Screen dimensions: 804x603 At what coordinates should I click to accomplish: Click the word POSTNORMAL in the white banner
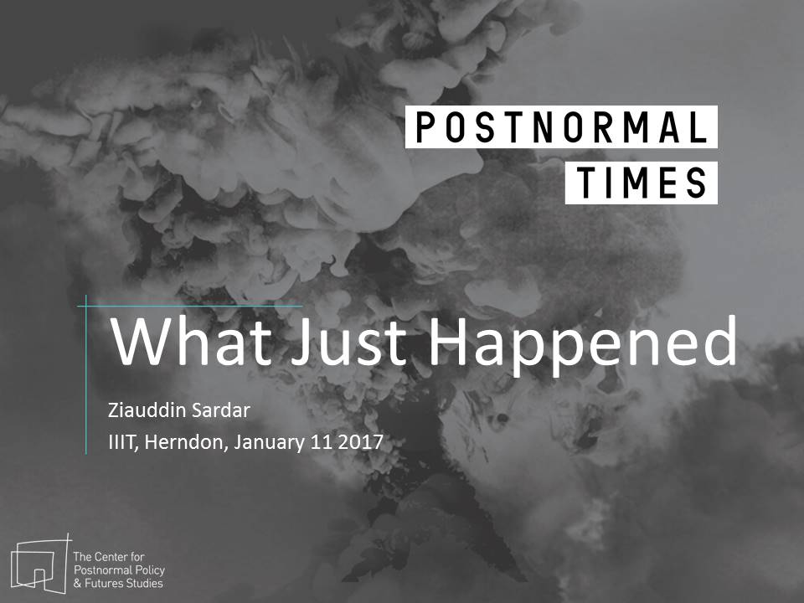[x=561, y=127]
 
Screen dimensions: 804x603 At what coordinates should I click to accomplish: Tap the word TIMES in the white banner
[x=641, y=183]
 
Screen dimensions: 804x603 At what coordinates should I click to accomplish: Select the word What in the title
[x=191, y=341]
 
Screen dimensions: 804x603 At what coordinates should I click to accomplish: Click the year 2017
[x=360, y=442]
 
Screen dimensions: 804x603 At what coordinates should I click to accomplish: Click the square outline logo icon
[x=39, y=564]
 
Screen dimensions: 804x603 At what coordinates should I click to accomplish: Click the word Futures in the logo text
[x=103, y=584]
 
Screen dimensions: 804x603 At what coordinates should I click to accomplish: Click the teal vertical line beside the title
[x=86, y=375]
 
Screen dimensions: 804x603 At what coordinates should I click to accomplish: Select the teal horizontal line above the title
[x=190, y=307]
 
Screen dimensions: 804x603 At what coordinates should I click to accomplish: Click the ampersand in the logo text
[x=78, y=584]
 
